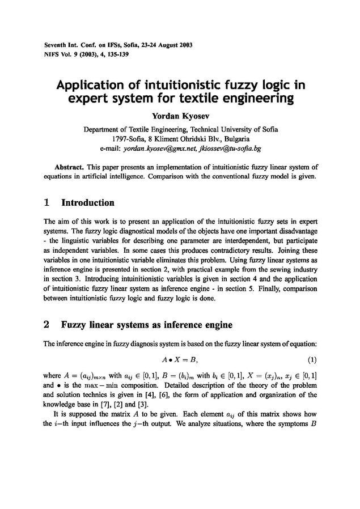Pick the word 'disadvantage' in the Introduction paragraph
pos(295,228)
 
